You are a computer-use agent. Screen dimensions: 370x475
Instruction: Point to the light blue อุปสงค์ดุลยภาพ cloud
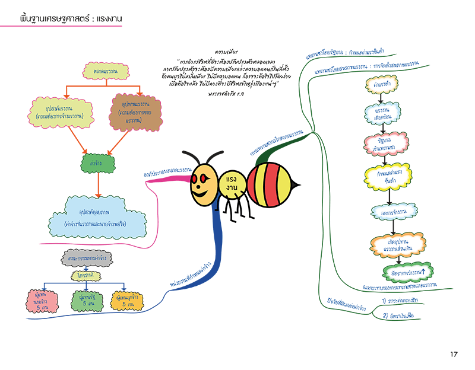pos(99,216)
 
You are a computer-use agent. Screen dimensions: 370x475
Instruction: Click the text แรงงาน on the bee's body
pos(229,184)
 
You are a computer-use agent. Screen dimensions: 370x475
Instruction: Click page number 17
pos(454,354)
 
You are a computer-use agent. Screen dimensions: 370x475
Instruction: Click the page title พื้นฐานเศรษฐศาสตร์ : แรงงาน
pos(71,18)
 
